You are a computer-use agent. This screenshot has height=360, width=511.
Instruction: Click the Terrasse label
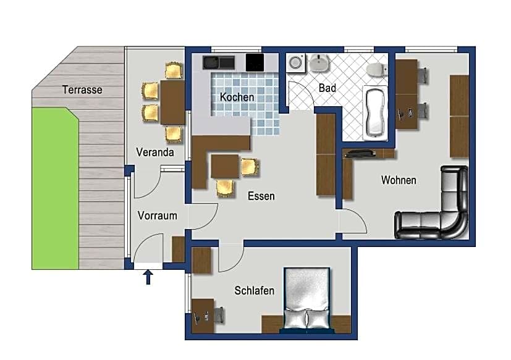pyautogui.click(x=82, y=90)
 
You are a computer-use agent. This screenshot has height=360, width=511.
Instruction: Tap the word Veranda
pyautogui.click(x=155, y=152)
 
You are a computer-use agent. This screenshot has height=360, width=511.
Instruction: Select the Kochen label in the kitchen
pyautogui.click(x=237, y=97)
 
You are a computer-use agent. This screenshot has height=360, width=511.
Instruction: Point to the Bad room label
pyautogui.click(x=327, y=88)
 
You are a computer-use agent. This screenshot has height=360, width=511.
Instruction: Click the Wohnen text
pyautogui.click(x=399, y=180)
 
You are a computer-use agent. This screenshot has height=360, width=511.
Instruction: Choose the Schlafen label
pyautogui.click(x=254, y=290)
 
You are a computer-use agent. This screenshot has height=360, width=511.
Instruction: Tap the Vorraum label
pyautogui.click(x=157, y=216)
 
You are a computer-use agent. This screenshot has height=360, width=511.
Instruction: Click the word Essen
pyautogui.click(x=261, y=196)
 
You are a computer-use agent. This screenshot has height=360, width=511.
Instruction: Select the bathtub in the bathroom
pyautogui.click(x=376, y=113)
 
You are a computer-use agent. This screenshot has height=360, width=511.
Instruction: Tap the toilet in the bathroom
pyautogui.click(x=377, y=70)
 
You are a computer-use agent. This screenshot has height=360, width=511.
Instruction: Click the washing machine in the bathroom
pyautogui.click(x=296, y=62)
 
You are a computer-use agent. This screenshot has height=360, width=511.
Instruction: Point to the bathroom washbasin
pyautogui.click(x=319, y=63)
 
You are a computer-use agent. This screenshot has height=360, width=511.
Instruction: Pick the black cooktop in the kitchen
pyautogui.click(x=255, y=62)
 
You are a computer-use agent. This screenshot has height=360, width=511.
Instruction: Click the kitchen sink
pyautogui.click(x=219, y=62)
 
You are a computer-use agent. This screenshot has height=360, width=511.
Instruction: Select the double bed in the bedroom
pyautogui.click(x=306, y=299)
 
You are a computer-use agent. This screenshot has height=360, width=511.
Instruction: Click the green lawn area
pyautogui.click(x=55, y=188)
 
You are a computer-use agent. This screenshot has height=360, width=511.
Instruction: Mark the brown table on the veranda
pyautogui.click(x=172, y=103)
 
